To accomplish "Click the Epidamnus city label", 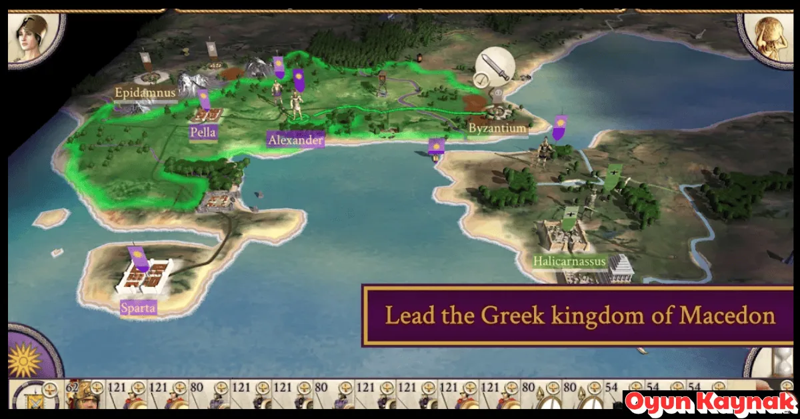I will pyautogui.click(x=145, y=93).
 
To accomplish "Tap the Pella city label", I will pyautogui.click(x=203, y=132).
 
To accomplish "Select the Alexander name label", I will pyautogui.click(x=295, y=140).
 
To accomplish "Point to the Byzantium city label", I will pyautogui.click(x=497, y=127).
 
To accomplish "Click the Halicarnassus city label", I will pyautogui.click(x=569, y=262).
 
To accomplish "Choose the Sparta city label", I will pyautogui.click(x=139, y=308).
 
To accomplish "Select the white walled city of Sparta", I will pyautogui.click(x=144, y=276).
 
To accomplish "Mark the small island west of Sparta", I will pyautogui.click(x=51, y=218).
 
